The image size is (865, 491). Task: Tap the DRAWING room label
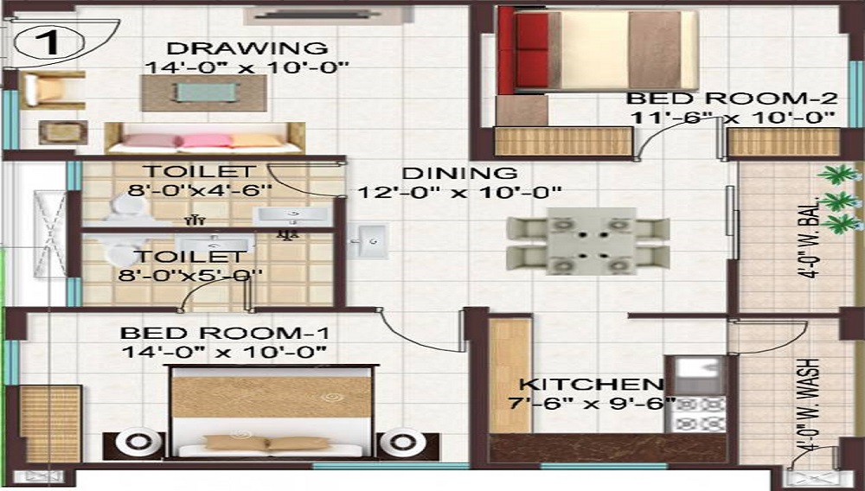247,48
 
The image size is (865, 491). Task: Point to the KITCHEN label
591,384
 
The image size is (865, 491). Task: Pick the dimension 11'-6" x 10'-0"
731,117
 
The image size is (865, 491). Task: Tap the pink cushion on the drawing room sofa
206,140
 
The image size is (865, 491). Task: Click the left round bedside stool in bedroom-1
138,443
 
